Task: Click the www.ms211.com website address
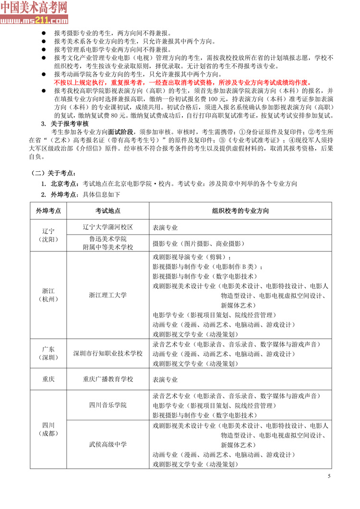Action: pyautogui.click(x=34, y=21)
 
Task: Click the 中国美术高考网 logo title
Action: pyautogui.click(x=34, y=7)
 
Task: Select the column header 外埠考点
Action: pyautogui.click(x=48, y=211)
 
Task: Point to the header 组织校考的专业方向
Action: pyautogui.click(x=240, y=211)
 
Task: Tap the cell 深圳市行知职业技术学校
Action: pyautogui.click(x=108, y=354)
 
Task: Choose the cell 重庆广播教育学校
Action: pyautogui.click(x=108, y=379)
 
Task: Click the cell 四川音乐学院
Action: pyautogui.click(x=108, y=405)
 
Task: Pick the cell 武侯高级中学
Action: pyautogui.click(x=108, y=444)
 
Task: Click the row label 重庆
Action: pyautogui.click(x=48, y=379)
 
